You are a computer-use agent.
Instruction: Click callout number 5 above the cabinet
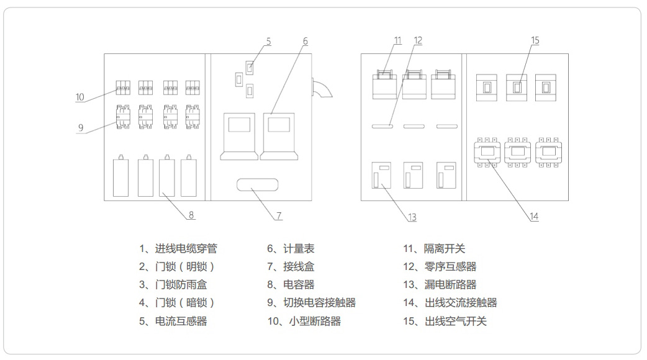pyautogui.click(x=268, y=42)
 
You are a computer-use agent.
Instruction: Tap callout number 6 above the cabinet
pyautogui.click(x=305, y=42)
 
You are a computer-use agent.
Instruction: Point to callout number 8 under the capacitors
pyautogui.click(x=191, y=215)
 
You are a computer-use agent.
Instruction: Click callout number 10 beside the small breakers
pyautogui.click(x=79, y=97)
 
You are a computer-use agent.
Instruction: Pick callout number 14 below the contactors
pyautogui.click(x=533, y=217)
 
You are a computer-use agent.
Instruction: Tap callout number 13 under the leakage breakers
pyautogui.click(x=412, y=217)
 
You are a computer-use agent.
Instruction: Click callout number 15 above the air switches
pyautogui.click(x=535, y=40)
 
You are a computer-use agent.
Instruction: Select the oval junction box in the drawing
pyautogui.click(x=257, y=184)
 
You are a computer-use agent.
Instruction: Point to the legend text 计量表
pyautogui.click(x=299, y=249)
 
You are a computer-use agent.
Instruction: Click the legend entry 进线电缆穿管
pyautogui.click(x=186, y=249)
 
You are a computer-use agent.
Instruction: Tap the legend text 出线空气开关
pyautogui.click(x=456, y=322)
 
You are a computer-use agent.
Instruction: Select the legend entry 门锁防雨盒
pyautogui.click(x=181, y=285)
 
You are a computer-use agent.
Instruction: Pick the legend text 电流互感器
pyautogui.click(x=181, y=322)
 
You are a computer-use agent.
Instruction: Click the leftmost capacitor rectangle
pyautogui.click(x=120, y=178)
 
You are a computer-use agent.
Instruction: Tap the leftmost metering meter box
pyautogui.click(x=239, y=136)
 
